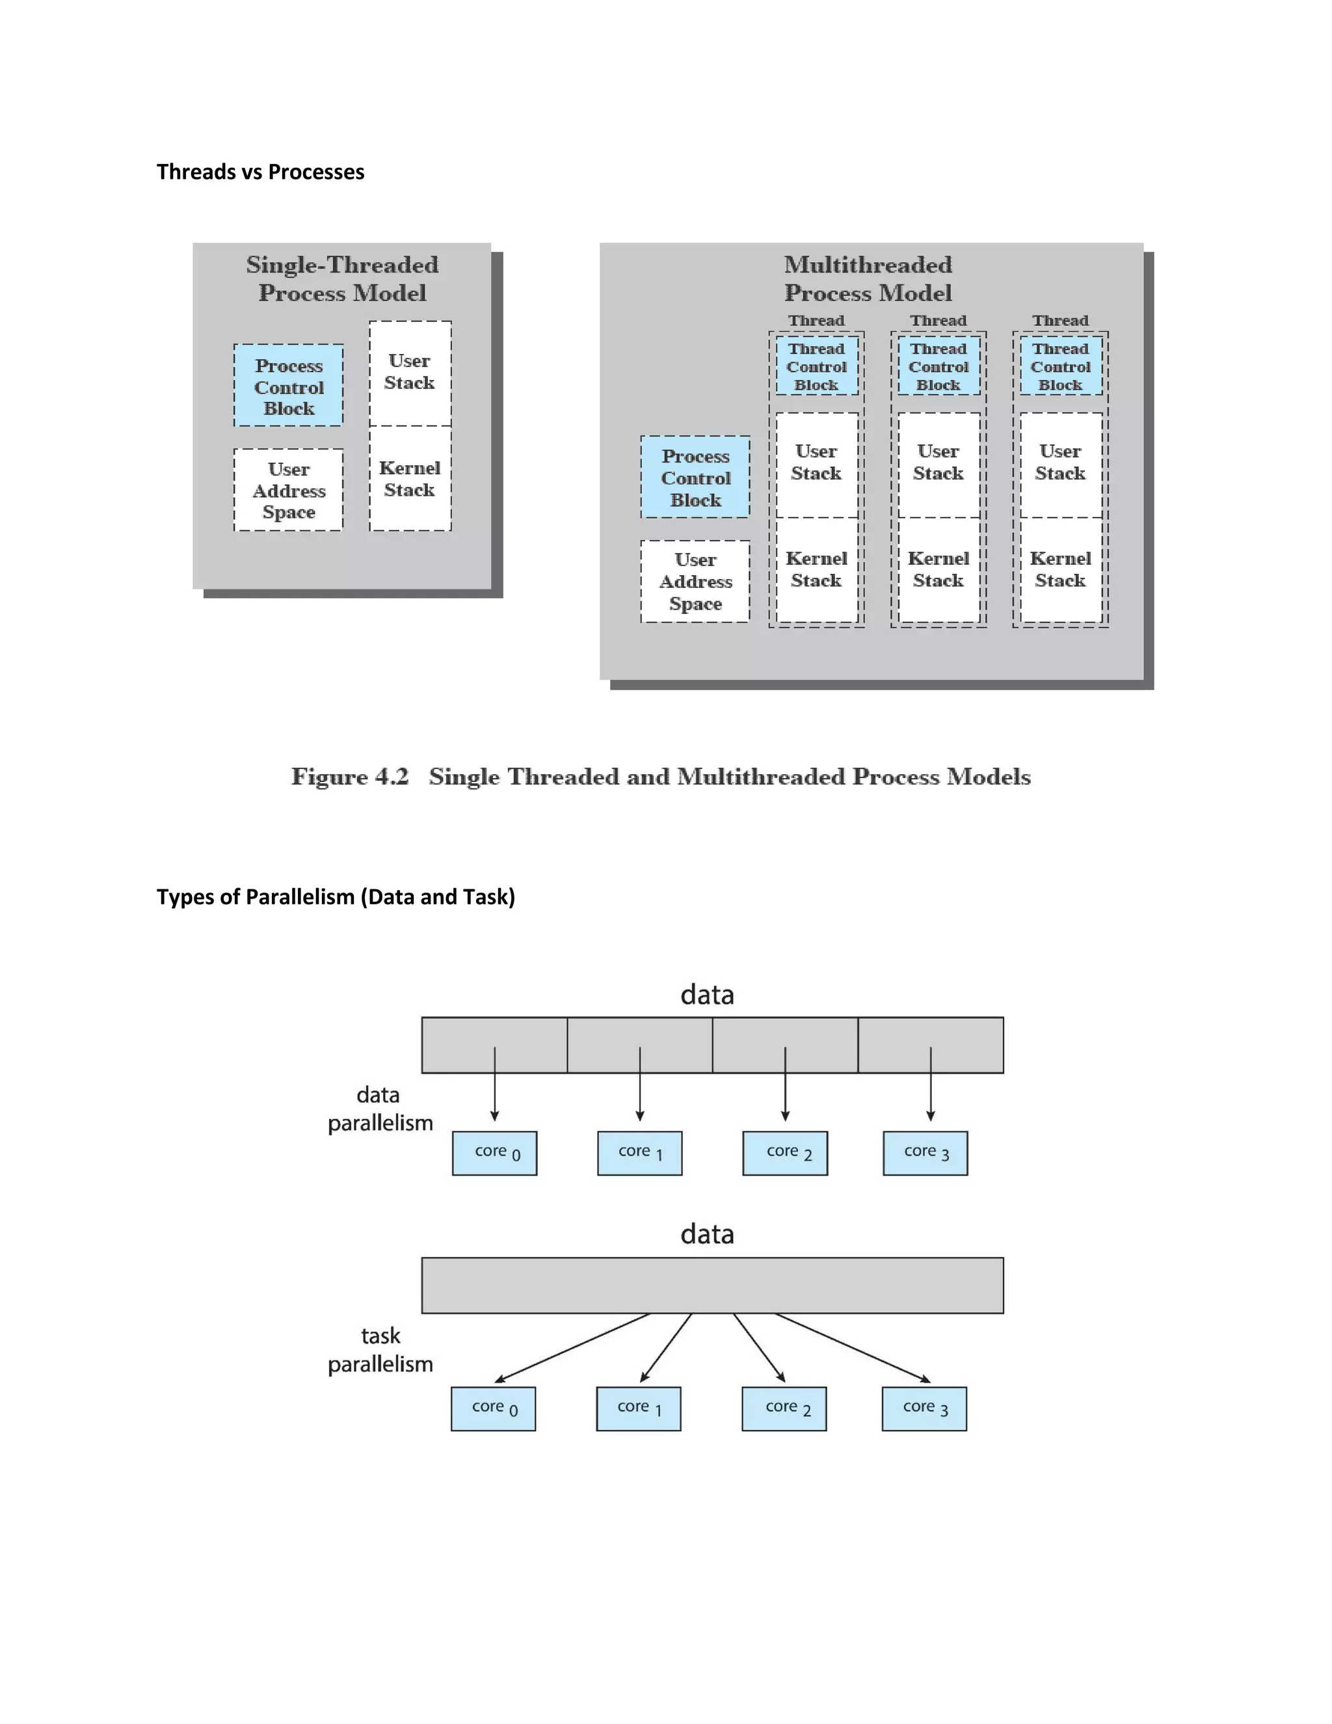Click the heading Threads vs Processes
[260, 172]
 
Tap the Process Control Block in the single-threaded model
[288, 386]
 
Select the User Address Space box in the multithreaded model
[695, 582]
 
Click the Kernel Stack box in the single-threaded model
[410, 478]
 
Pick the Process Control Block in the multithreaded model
[695, 478]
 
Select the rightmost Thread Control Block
[1061, 366]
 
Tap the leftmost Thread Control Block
[816, 366]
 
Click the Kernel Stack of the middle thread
[939, 569]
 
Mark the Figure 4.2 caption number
[351, 777]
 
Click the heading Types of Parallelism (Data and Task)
[336, 896]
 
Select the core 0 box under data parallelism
[495, 1153]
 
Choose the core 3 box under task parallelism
[924, 1408]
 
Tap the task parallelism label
[380, 1349]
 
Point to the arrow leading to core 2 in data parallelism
[785, 1085]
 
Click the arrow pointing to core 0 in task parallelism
[572, 1347]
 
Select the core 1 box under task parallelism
[639, 1408]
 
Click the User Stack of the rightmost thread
[1061, 463]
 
